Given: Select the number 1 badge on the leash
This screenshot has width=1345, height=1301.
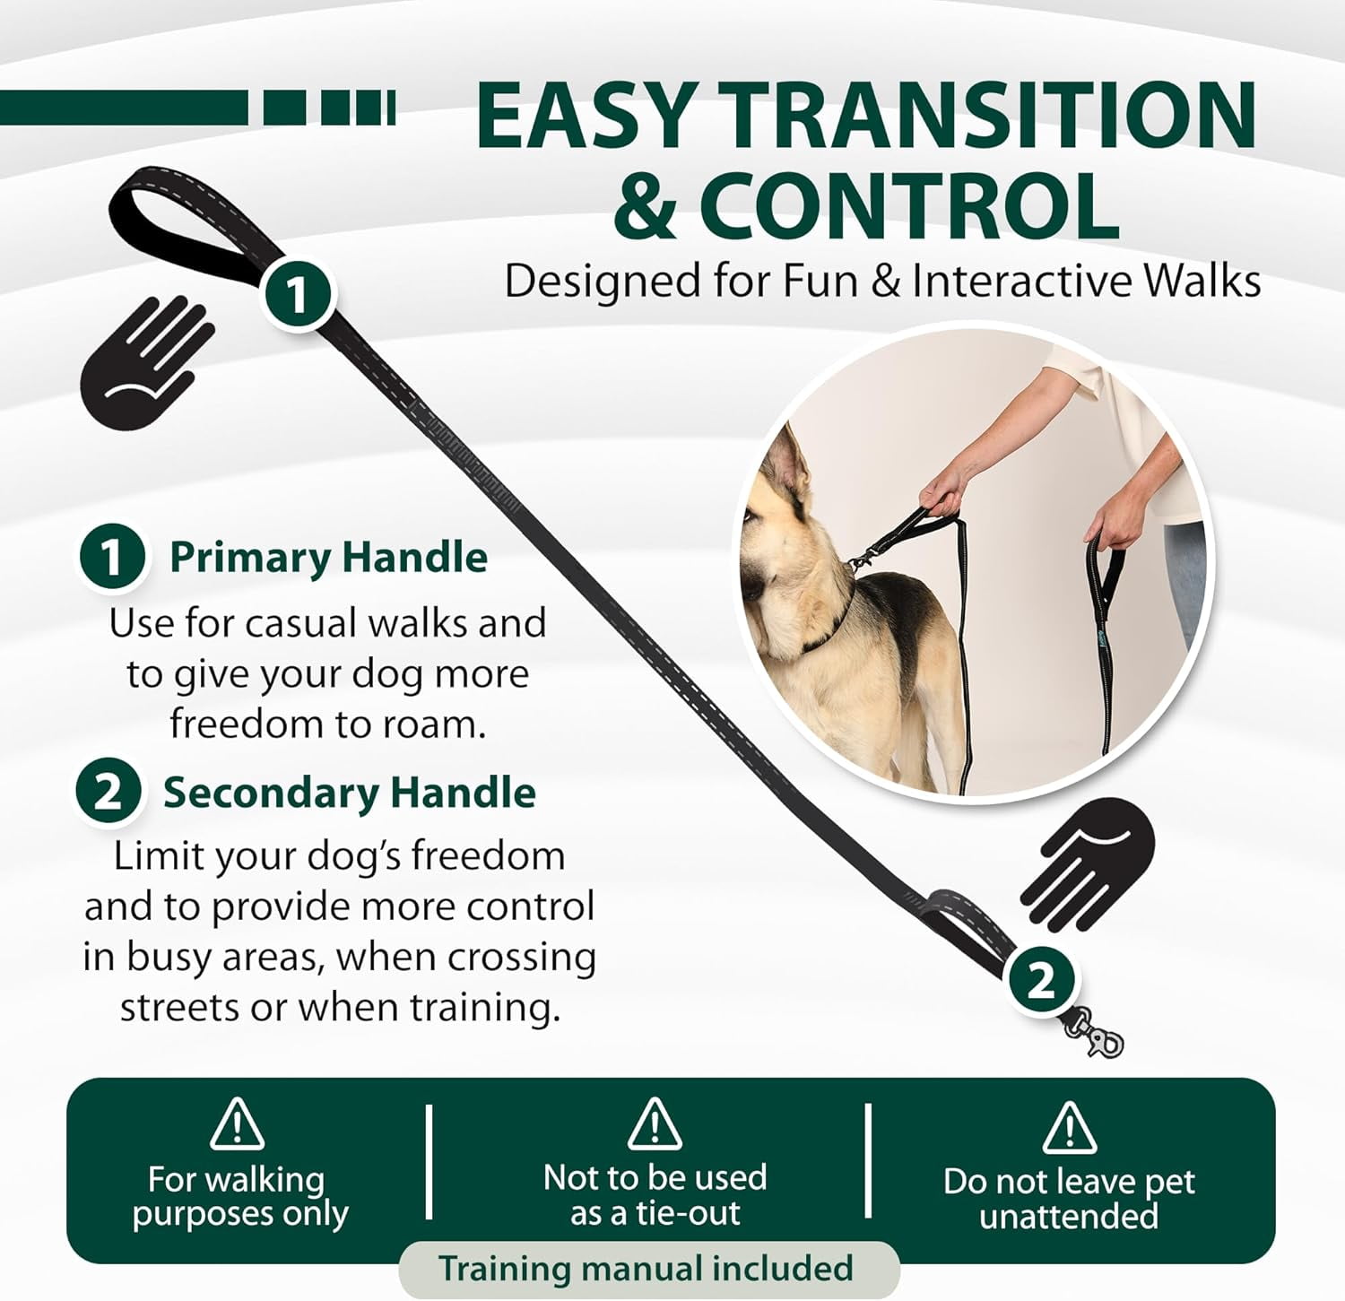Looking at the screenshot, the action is click(x=297, y=293).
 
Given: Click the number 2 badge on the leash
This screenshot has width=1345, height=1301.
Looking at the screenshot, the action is click(x=1040, y=981).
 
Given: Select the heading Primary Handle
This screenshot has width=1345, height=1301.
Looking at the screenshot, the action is click(x=328, y=558).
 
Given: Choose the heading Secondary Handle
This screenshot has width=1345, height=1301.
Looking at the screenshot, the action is click(x=349, y=793).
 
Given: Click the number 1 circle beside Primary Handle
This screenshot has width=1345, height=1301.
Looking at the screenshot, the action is click(x=112, y=557).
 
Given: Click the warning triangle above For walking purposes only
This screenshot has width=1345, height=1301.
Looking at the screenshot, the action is click(x=237, y=1124).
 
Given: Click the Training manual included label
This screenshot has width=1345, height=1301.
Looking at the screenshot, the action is click(x=646, y=1269).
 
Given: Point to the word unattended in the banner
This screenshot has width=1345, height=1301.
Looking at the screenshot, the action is click(x=1069, y=1217).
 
